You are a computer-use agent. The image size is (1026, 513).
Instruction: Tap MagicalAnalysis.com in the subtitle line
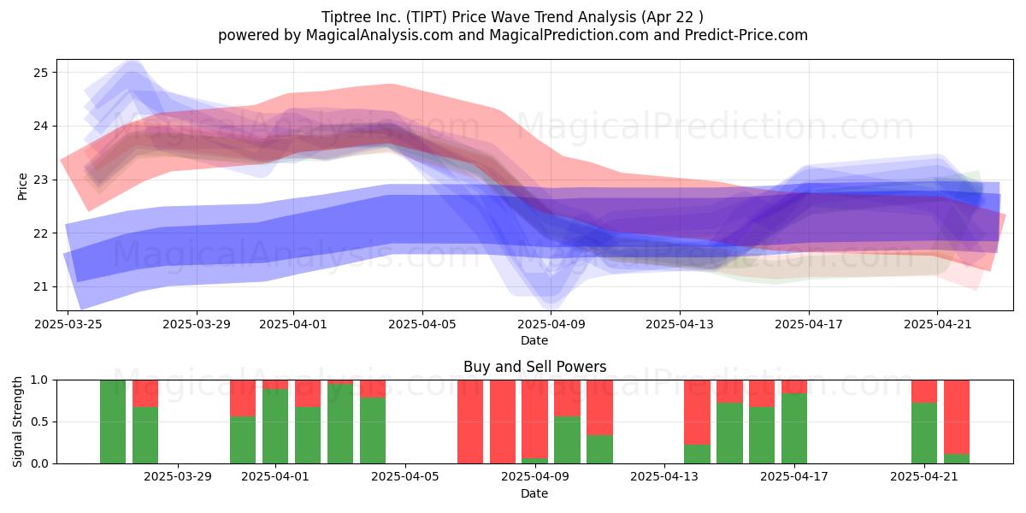pos(380,35)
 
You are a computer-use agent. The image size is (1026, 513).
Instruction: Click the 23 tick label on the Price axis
pos(40,180)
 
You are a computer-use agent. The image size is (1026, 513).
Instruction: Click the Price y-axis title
pos(22,186)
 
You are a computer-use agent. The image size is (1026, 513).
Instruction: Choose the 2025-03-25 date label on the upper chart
pos(68,324)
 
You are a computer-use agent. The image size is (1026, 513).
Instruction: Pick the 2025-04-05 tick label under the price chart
pos(422,324)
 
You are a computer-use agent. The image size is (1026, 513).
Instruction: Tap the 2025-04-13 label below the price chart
pos(680,324)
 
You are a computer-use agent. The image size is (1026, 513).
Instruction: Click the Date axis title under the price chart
pos(534,340)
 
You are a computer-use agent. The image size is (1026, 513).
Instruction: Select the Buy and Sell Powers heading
pos(534,367)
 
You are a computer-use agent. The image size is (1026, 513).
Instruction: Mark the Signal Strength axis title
pos(17,422)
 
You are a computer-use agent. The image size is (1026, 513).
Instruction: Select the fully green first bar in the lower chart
pos(113,422)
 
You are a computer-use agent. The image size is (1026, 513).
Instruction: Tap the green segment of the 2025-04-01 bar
pos(275,427)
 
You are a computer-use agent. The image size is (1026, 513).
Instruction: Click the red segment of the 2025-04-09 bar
pos(534,419)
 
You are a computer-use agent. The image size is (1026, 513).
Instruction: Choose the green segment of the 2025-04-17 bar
pos(794,428)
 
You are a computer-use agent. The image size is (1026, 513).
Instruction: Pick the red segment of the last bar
pos(957,417)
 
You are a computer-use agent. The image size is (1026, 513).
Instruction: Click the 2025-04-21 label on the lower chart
pos(924,477)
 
